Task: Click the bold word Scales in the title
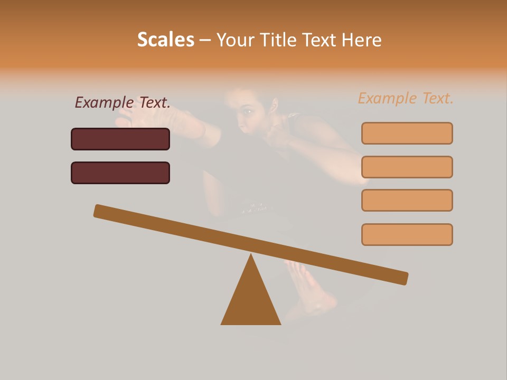point(165,40)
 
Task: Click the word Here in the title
point(362,40)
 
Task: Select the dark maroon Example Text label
point(123,102)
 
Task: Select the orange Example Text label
point(406,98)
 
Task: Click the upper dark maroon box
point(120,139)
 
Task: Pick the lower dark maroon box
point(120,173)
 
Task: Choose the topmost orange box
point(407,133)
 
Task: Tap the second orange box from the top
point(407,167)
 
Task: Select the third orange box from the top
point(407,201)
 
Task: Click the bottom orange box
point(407,234)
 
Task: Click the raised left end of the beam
point(100,211)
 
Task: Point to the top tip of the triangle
point(251,255)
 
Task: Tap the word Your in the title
point(236,40)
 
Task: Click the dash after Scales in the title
point(205,40)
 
